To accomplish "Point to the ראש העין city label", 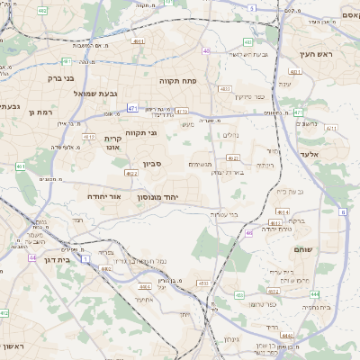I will click(317, 55).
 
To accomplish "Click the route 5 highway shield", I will click(252, 7).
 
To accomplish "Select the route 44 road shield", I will click(32, 257).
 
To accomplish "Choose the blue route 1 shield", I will click(85, 258).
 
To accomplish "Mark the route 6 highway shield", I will click(343, 212).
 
